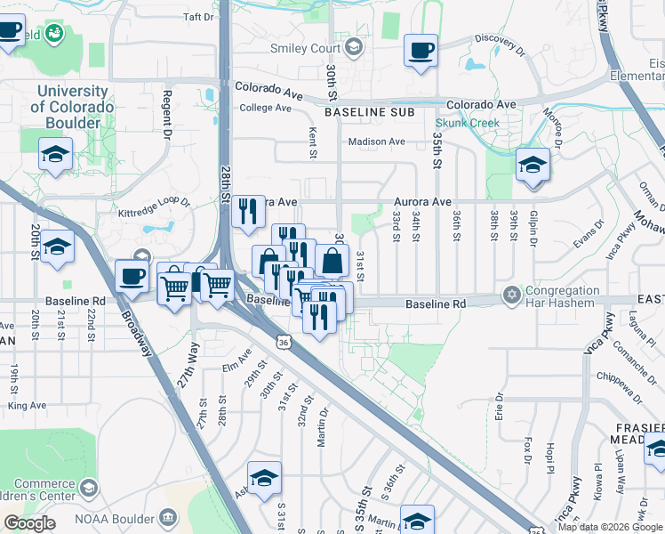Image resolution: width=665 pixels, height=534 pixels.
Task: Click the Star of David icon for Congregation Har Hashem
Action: (511, 295)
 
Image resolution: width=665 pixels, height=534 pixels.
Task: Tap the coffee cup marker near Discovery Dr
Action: (421, 51)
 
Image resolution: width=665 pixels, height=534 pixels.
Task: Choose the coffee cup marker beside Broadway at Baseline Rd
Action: (132, 276)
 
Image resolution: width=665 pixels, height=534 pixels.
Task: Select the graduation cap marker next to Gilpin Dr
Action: (533, 165)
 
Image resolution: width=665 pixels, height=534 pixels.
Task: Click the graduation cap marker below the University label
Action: (55, 155)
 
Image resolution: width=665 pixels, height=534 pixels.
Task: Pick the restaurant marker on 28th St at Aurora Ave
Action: (248, 212)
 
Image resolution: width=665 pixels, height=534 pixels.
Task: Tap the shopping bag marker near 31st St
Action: (332, 262)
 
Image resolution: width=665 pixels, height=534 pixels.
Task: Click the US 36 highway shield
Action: (282, 341)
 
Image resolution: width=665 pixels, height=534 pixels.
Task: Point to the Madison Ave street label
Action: (376, 142)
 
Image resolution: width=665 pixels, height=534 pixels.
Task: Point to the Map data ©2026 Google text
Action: (610, 527)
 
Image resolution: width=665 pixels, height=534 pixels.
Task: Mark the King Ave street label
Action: (26, 405)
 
